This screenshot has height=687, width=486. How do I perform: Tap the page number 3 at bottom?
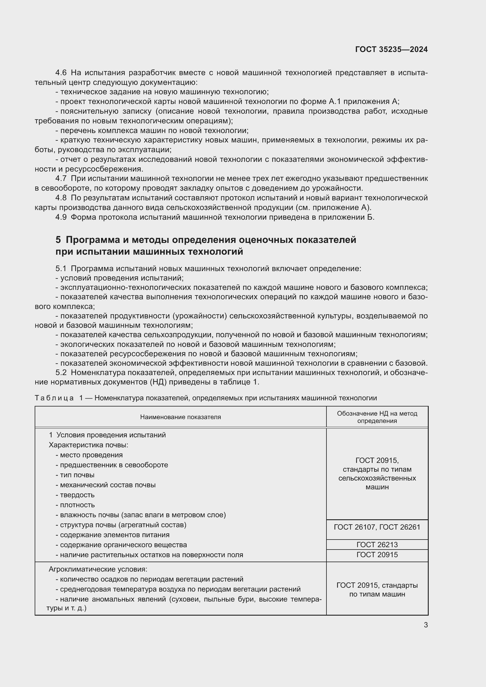click(x=425, y=625)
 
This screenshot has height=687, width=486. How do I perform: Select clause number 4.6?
click(x=61, y=73)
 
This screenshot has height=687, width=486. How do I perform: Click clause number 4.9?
click(x=61, y=217)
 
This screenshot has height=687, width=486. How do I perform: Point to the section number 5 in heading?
click(x=58, y=240)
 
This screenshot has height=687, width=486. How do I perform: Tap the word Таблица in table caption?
click(x=54, y=398)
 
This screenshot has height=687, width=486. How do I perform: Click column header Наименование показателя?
click(x=180, y=417)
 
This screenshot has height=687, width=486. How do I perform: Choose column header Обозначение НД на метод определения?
click(x=377, y=417)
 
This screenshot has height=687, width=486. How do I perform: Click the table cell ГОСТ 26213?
click(x=377, y=545)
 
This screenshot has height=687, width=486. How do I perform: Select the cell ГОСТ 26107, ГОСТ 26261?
click(x=377, y=527)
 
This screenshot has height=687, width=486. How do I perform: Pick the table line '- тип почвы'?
click(x=75, y=475)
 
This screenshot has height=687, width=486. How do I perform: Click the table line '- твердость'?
click(x=75, y=495)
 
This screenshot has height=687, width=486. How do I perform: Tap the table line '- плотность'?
click(x=75, y=505)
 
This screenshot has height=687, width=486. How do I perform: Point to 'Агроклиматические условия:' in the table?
click(x=98, y=569)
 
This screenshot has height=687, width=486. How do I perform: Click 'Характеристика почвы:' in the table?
click(x=88, y=445)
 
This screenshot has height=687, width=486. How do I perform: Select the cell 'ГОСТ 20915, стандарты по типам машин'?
click(x=377, y=589)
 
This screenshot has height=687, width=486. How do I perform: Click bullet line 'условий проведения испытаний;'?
click(x=120, y=278)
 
